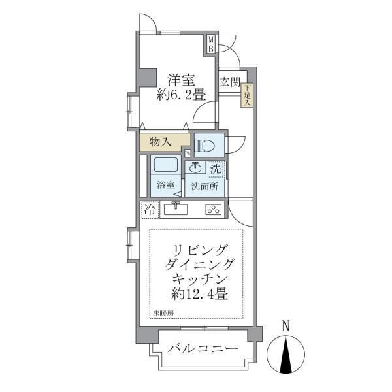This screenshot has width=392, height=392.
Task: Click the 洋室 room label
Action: [181, 80]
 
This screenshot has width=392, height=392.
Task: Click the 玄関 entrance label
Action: [230, 82]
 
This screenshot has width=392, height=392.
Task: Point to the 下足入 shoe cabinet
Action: [248, 96]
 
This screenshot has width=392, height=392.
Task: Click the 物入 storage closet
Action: [161, 141]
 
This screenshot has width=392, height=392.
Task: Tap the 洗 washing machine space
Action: [215, 169]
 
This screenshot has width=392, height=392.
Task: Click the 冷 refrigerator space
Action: [150, 210]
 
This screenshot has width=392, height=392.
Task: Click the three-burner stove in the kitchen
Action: [214, 210]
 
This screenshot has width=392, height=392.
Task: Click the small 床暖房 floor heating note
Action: [163, 314]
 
